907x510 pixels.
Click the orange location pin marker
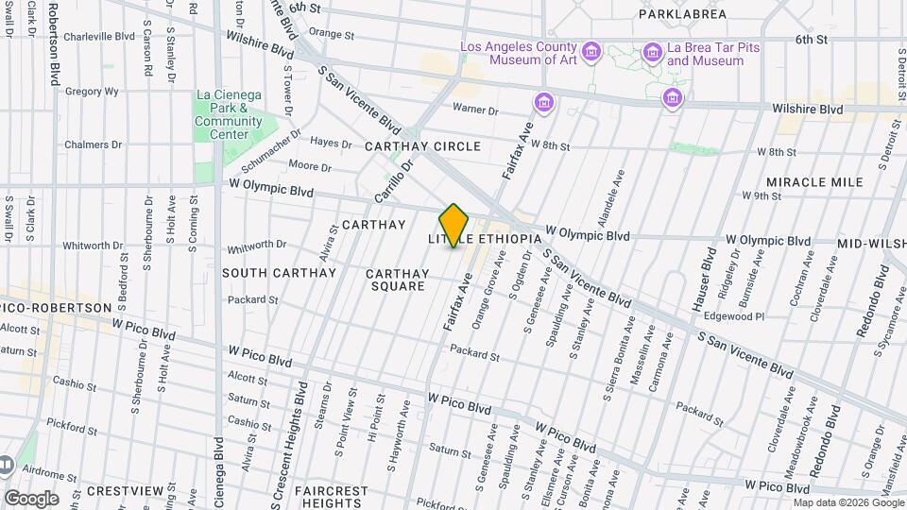(x=454, y=226)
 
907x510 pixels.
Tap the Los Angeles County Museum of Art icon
(x=591, y=50)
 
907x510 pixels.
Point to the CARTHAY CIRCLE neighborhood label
(x=422, y=146)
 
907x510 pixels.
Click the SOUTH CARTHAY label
(x=279, y=273)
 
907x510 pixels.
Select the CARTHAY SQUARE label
(x=397, y=280)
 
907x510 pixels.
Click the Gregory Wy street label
(x=92, y=92)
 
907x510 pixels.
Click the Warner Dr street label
(x=475, y=110)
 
